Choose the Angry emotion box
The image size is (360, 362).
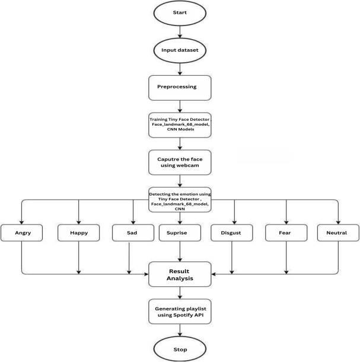pos(22,233)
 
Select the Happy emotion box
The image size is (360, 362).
pos(78,233)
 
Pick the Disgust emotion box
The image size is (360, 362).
pos(231,233)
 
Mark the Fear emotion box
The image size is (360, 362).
pos(286,233)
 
